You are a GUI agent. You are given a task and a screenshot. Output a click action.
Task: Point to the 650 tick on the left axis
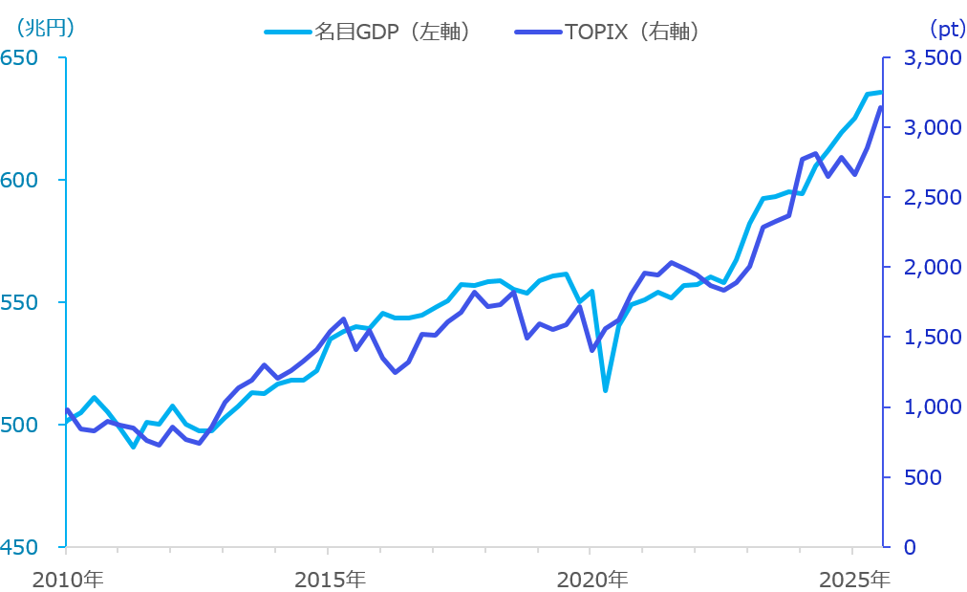(19, 58)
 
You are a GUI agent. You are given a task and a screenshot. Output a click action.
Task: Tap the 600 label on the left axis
(19, 181)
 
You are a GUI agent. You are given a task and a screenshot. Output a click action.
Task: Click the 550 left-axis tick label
(19, 303)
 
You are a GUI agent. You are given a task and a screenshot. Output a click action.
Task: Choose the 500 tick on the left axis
(19, 426)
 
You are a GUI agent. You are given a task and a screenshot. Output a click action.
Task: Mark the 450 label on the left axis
(19, 548)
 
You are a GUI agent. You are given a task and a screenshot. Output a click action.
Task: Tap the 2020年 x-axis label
(592, 580)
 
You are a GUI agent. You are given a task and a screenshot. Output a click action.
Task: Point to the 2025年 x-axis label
(854, 580)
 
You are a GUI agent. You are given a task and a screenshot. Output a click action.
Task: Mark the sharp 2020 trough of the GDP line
(605, 390)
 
